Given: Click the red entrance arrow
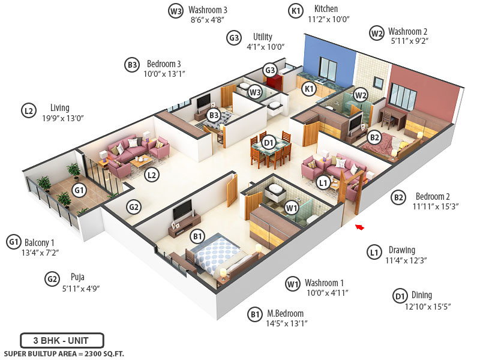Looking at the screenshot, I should (x=360, y=227).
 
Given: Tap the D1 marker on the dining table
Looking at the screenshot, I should (x=269, y=142).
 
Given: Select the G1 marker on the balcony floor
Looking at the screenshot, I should (x=78, y=190).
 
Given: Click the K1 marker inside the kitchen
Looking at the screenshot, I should (x=309, y=89).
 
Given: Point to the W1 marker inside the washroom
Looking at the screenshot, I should (x=292, y=208).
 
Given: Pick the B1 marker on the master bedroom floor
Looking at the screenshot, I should (x=197, y=237).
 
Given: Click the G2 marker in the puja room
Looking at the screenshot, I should (x=133, y=208).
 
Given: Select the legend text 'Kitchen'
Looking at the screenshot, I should (x=326, y=9).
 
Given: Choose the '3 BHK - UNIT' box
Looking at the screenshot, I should (x=62, y=340).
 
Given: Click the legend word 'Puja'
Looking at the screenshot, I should (x=77, y=277).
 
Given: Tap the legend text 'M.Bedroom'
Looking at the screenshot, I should (x=285, y=313).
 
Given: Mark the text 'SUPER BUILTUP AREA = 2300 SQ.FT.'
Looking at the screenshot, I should (x=64, y=354).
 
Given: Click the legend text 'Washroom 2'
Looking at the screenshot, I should (x=407, y=31).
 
